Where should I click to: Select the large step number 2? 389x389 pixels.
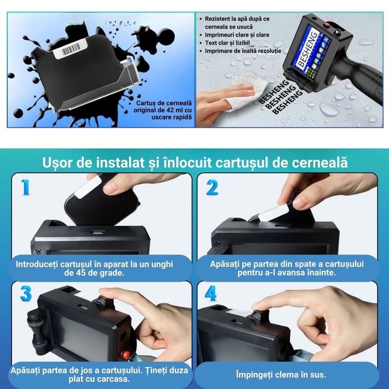[x=212, y=187]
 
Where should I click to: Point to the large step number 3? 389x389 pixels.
[x=26, y=293]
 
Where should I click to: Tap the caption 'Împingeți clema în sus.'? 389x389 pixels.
[x=287, y=375]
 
